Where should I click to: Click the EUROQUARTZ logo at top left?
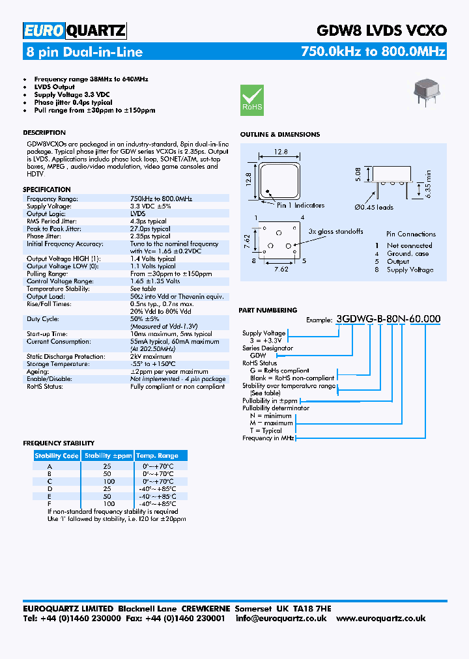[74, 30]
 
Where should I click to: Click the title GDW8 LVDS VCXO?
[381, 30]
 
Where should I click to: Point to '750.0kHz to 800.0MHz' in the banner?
[373, 52]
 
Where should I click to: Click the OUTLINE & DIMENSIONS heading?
[280, 135]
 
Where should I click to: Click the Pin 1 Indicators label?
[300, 205]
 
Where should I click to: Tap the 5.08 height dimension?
[358, 175]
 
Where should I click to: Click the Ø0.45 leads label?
[374, 207]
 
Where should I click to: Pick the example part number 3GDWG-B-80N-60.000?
[388, 319]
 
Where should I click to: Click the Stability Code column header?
[56, 456]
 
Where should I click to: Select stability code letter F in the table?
[50, 504]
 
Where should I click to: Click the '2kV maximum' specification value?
[150, 357]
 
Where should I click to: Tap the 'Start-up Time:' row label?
[46, 334]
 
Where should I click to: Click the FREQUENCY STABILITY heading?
[58, 443]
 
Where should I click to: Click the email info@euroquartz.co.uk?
[281, 618]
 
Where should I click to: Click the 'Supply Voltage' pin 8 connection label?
[410, 270]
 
